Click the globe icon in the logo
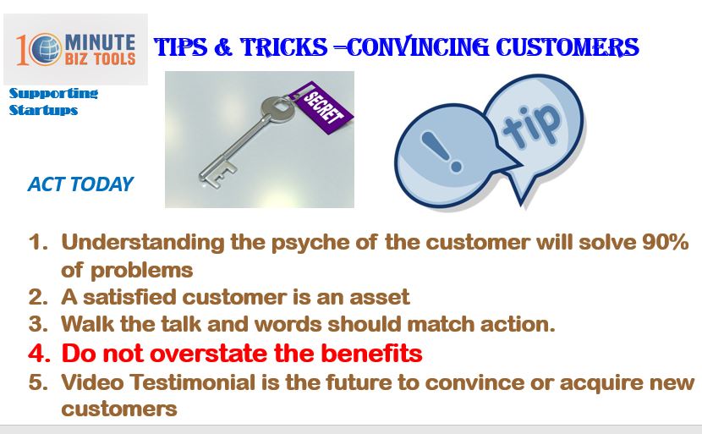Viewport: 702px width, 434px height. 47,49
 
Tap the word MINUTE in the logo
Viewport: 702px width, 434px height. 100,42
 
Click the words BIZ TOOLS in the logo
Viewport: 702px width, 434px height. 100,58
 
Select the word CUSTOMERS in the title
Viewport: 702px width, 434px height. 568,47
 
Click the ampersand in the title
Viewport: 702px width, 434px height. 223,47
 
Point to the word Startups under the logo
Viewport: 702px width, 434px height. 43,110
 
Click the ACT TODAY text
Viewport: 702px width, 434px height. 80,184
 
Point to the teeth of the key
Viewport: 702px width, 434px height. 218,175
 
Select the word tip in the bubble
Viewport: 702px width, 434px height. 531,126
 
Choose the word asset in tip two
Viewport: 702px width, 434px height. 380,297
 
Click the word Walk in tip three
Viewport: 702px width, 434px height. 87,324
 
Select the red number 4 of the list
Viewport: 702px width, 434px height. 39,354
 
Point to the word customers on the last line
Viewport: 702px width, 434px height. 119,409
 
